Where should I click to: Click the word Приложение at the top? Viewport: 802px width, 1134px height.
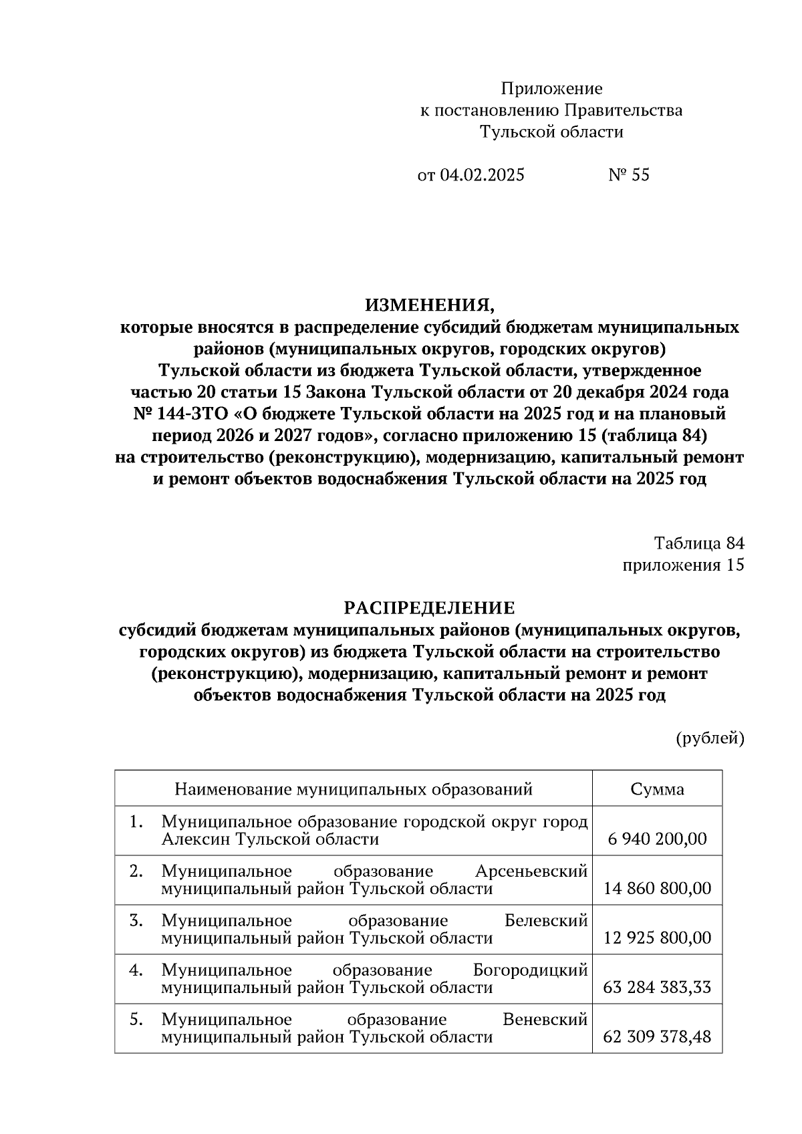(551, 89)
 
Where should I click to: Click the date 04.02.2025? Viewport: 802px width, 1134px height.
(482, 175)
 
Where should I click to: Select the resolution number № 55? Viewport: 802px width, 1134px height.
(628, 175)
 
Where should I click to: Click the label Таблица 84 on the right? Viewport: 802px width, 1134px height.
(699, 543)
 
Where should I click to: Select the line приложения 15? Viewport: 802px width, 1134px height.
(683, 565)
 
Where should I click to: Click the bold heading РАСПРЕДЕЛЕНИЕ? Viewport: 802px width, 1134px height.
(430, 608)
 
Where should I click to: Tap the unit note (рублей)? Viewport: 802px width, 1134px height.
(710, 738)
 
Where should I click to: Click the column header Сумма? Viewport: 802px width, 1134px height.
(657, 789)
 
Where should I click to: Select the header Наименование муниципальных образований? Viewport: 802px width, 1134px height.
(354, 789)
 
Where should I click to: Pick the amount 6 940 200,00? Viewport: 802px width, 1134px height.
(657, 839)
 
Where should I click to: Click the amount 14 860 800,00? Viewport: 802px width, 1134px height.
(657, 889)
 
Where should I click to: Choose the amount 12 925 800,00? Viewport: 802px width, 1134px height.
(657, 938)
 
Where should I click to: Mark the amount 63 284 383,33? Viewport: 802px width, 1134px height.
(657, 988)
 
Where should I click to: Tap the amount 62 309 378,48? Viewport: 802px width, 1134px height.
(657, 1037)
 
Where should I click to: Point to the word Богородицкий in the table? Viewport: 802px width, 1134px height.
(530, 970)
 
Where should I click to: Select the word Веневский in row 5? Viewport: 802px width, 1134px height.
(545, 1020)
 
